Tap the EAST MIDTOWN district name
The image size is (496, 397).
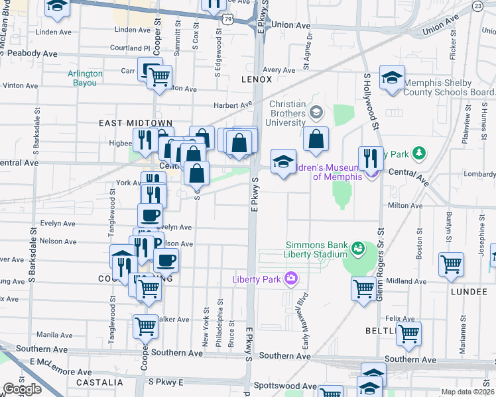pos(135,124)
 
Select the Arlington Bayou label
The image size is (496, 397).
pos(84,78)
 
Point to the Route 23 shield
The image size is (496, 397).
pos(495,6)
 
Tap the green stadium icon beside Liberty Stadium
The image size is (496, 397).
pos(358,248)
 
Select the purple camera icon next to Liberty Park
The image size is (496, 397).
pos(290,278)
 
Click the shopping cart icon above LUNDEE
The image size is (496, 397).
pos(451,264)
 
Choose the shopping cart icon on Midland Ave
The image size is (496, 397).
pos(363,288)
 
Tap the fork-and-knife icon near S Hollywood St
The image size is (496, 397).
pos(371,158)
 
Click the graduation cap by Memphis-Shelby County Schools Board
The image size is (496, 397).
pos(392,77)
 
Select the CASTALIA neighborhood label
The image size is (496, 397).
pos(99,382)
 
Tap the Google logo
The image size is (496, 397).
pos(22,389)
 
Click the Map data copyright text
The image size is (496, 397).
pos(468,392)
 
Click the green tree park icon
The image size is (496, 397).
pos(418,154)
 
